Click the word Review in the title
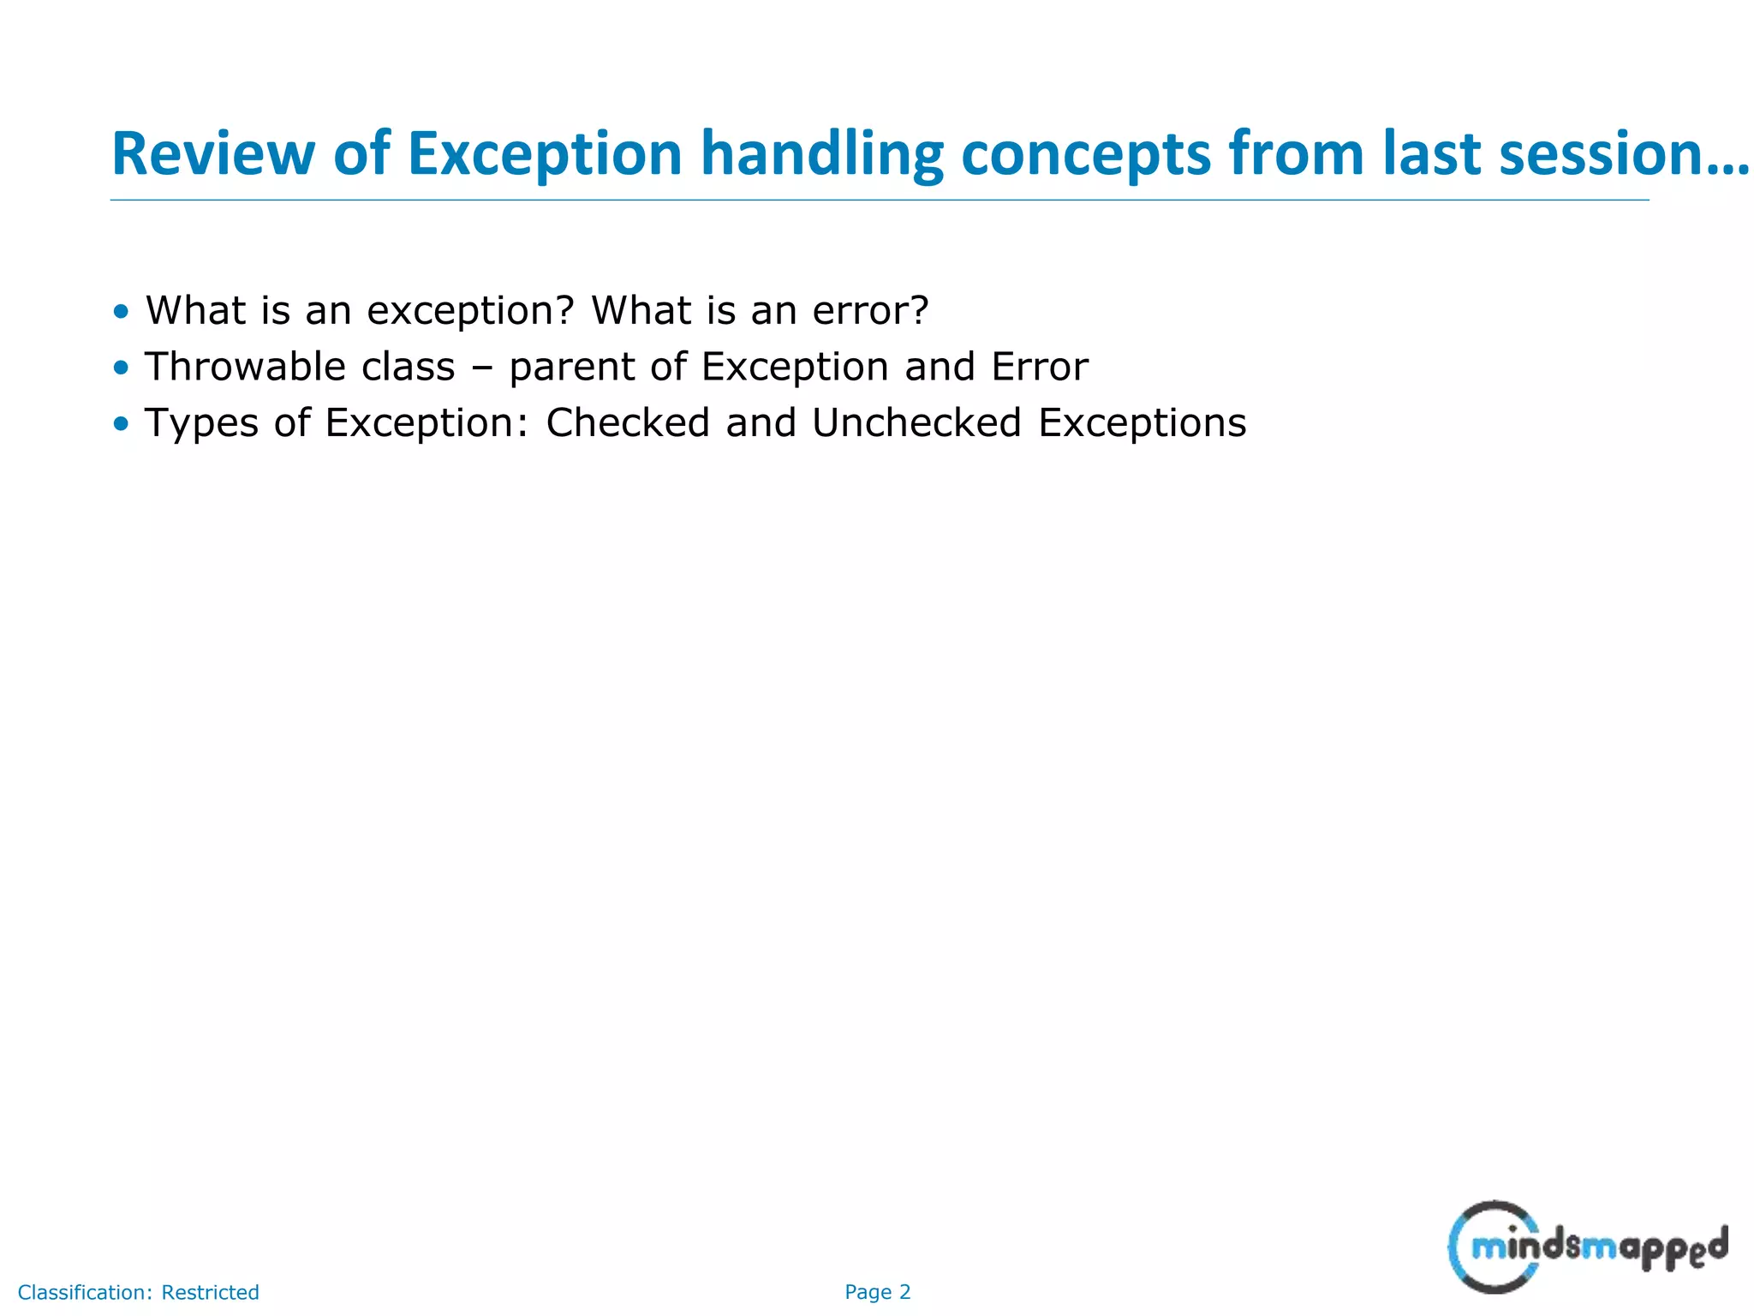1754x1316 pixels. tap(213, 154)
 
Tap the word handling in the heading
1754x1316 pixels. tap(821, 154)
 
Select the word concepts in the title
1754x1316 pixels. tap(1086, 154)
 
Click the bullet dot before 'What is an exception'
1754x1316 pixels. tap(121, 311)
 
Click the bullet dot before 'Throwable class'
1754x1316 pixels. tap(121, 368)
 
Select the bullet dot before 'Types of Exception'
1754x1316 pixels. tap(121, 423)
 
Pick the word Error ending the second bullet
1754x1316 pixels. tap(1040, 367)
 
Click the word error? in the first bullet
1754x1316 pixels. tap(870, 310)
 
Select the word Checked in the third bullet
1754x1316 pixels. tap(628, 422)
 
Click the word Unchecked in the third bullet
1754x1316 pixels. tap(916, 422)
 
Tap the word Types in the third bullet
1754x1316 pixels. tap(201, 424)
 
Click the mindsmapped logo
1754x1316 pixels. tap(1587, 1247)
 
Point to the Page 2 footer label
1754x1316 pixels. tap(878, 1292)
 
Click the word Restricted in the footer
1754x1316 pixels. tap(210, 1292)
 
